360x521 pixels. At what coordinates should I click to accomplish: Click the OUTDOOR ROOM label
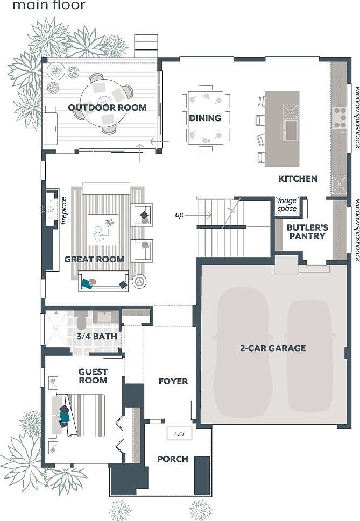tap(107, 108)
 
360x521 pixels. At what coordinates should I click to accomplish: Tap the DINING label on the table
tap(205, 118)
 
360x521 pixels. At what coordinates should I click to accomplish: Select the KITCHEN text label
tap(298, 179)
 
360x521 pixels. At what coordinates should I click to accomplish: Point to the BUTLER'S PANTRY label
tap(307, 231)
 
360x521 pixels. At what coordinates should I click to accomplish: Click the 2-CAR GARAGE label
tap(273, 348)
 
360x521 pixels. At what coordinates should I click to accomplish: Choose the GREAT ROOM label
tap(94, 259)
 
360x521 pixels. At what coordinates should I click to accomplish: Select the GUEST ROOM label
tap(93, 376)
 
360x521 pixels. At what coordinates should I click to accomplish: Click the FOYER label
tap(173, 381)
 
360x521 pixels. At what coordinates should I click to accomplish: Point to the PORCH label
tap(173, 459)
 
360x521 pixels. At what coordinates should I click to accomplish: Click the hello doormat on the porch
tap(179, 433)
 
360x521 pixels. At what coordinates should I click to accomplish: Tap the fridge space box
tap(287, 205)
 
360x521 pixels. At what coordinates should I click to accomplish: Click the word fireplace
tap(63, 210)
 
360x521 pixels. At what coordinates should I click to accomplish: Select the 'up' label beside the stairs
tap(180, 215)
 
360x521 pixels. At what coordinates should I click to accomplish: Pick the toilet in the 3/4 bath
tap(81, 322)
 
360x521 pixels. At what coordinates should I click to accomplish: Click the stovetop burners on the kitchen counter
tap(340, 117)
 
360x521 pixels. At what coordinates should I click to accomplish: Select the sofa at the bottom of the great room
tap(103, 282)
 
